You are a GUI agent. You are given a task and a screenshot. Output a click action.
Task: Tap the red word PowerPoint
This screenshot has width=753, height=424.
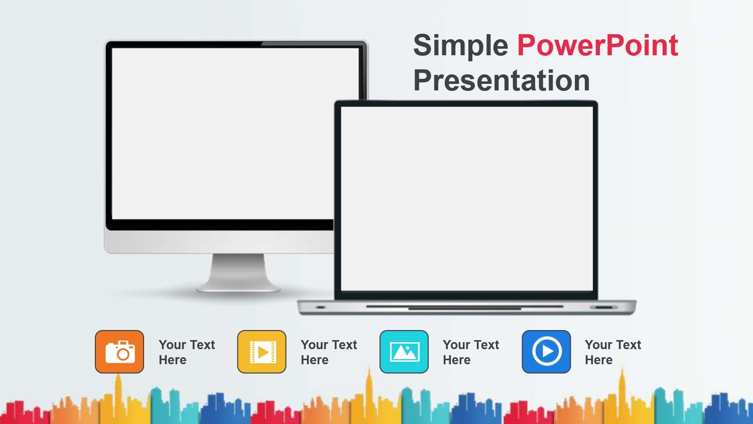[x=598, y=45]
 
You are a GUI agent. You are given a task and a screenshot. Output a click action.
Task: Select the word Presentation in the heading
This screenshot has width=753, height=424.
[x=501, y=81]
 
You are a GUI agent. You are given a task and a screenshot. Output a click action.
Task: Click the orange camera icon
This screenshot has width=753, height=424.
[x=119, y=352]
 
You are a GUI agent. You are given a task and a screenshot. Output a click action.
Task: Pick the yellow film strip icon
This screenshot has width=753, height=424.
[x=262, y=352]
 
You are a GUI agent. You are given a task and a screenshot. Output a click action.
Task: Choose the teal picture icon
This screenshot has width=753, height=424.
[x=404, y=352]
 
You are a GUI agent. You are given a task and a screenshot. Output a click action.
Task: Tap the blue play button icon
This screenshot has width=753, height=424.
[x=546, y=352]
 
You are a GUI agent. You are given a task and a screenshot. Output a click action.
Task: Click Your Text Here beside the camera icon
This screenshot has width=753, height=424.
[x=187, y=352]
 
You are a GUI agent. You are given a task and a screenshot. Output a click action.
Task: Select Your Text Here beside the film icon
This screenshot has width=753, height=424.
[x=329, y=352]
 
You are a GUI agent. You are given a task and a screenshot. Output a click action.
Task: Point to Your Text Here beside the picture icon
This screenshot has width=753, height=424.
[x=471, y=352]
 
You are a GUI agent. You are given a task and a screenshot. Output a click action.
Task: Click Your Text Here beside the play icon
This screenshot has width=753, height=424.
[x=613, y=352]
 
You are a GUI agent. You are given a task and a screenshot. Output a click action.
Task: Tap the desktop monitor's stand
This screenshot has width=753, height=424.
[x=238, y=273]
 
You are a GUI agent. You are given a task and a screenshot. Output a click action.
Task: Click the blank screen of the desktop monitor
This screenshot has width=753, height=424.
[x=222, y=134]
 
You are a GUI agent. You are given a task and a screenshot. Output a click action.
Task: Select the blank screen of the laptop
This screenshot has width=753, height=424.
[x=467, y=198]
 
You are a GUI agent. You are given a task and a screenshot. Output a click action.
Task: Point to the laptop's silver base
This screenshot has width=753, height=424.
[x=466, y=307]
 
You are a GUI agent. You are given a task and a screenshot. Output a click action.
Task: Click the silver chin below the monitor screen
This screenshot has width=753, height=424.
[x=218, y=242]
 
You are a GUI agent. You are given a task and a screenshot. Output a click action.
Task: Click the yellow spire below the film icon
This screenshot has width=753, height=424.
[x=369, y=387]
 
